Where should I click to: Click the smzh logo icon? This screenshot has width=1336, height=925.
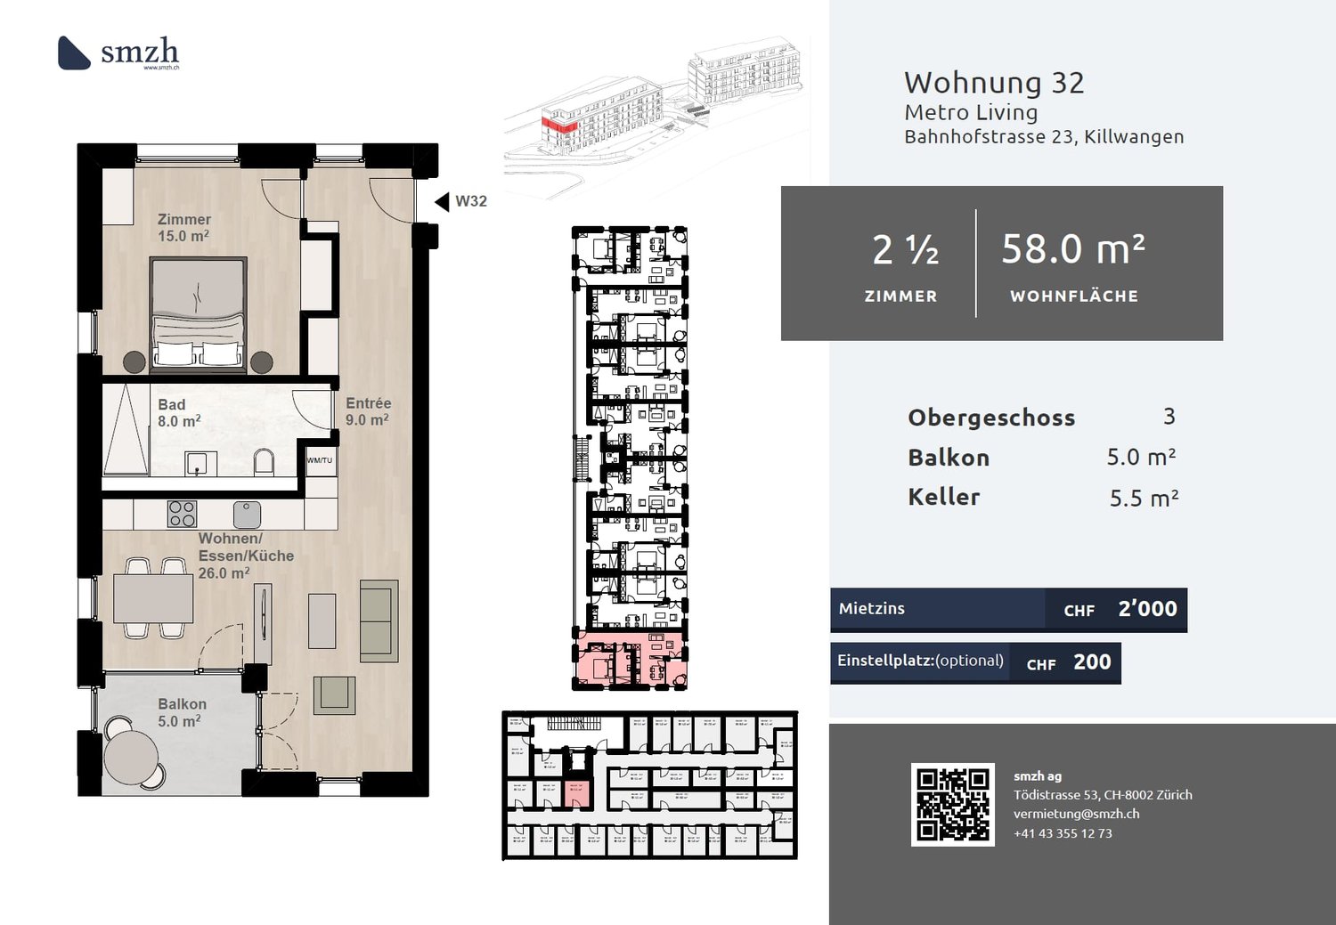click(x=74, y=53)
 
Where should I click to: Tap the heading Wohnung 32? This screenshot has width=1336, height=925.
click(x=994, y=83)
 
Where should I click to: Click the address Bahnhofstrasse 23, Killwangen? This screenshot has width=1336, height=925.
click(x=1044, y=137)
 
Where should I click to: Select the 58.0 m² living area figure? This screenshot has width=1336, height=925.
click(x=1072, y=249)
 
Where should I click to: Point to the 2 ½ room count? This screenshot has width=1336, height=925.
click(x=904, y=250)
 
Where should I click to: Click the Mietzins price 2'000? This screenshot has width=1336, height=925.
click(x=1147, y=609)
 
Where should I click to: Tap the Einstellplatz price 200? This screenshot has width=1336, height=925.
click(x=1092, y=662)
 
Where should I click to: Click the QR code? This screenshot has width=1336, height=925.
click(x=952, y=804)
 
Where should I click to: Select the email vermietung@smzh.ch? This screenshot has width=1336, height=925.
click(x=1076, y=814)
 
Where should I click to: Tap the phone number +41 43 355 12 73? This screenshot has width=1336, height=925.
click(x=1063, y=833)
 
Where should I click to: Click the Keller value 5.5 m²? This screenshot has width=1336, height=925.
click(x=1144, y=499)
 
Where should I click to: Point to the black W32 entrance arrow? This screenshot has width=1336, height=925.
click(x=442, y=202)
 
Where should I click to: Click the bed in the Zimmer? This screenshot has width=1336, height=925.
click(x=198, y=313)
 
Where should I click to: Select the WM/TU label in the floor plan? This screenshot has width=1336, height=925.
click(x=319, y=460)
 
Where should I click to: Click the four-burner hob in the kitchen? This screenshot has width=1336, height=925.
click(x=182, y=514)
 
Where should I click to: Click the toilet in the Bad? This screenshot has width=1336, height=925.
click(x=264, y=462)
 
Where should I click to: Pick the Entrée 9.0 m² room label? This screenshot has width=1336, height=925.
click(x=368, y=411)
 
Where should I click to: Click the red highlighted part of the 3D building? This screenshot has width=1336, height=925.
click(x=560, y=126)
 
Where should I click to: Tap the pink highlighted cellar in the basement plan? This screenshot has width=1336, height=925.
click(x=575, y=791)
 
